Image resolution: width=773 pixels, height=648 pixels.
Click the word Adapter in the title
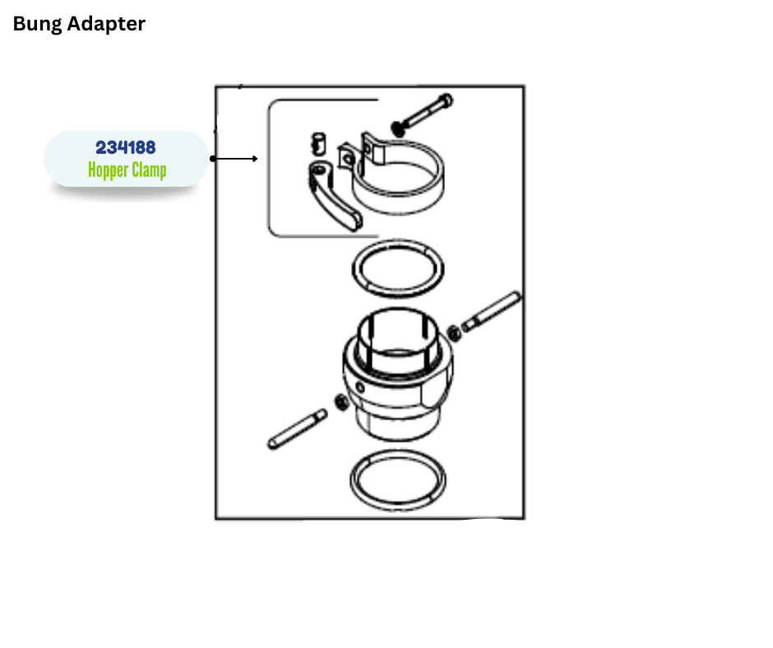tap(106, 24)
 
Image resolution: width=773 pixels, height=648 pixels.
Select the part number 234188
tap(126, 147)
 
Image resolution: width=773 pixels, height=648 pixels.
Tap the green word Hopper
tap(108, 170)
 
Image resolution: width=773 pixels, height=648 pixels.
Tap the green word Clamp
tap(149, 169)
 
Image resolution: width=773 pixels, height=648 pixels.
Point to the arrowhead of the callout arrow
tap(255, 159)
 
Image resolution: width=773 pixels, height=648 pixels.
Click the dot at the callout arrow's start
tap(212, 159)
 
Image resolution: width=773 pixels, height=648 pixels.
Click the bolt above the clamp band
tap(422, 114)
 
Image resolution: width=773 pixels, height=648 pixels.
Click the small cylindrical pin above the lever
tap(319, 143)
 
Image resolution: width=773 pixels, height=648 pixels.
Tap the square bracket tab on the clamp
tap(346, 158)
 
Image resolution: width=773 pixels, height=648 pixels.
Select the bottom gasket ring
tap(398, 506)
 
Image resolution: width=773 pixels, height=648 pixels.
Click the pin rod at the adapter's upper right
tap(490, 312)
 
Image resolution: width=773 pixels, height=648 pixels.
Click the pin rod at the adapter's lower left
tap(297, 429)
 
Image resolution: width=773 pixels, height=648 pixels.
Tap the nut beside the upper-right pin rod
tap(454, 333)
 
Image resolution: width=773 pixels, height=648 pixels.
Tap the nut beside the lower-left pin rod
tap(340, 402)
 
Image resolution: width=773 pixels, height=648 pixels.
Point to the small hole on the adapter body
tap(360, 387)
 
